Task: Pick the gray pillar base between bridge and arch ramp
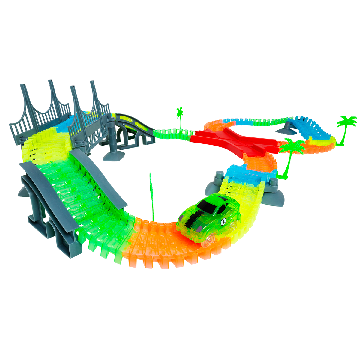pyautogui.click(x=112, y=141)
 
